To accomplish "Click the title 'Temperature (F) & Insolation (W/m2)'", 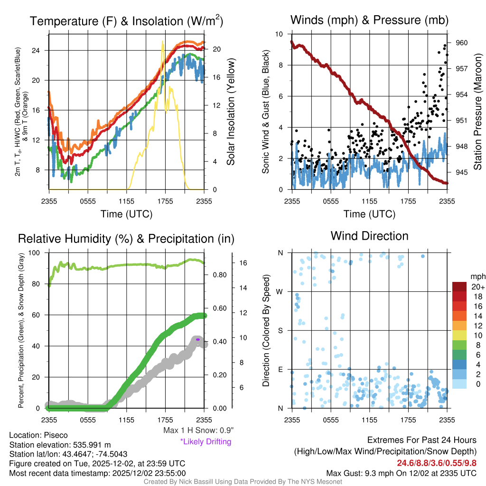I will [127, 21].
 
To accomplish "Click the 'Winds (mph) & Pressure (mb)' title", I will [369, 20].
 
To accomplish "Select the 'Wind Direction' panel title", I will [369, 236].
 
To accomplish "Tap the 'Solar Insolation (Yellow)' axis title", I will [231, 112].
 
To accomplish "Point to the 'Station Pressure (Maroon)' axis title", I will [478, 112].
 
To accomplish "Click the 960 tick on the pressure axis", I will [462, 43].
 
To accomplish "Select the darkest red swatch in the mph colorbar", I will [460, 287].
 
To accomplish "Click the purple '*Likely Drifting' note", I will [206, 442].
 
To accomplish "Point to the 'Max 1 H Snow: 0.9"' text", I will [198, 430].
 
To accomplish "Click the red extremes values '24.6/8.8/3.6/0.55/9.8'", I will [437, 463].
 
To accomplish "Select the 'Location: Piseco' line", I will [38, 435].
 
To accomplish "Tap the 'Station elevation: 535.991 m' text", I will [60, 445].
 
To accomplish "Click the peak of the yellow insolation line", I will [163, 42].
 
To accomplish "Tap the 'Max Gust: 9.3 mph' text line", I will [402, 473].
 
